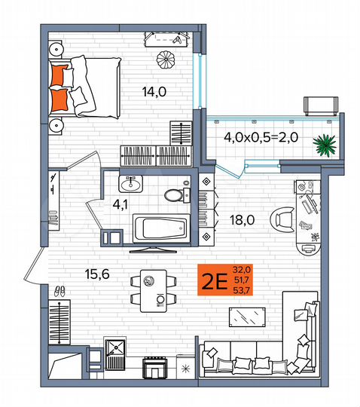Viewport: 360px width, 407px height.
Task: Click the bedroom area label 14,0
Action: tap(154, 93)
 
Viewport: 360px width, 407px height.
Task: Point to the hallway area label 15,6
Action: tap(96, 274)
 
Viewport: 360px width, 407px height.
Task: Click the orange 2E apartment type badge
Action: tap(212, 282)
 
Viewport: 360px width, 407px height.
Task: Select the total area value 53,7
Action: tap(243, 291)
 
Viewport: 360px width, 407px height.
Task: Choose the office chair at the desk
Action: tap(284, 219)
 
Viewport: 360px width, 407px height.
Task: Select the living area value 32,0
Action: tap(243, 269)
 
